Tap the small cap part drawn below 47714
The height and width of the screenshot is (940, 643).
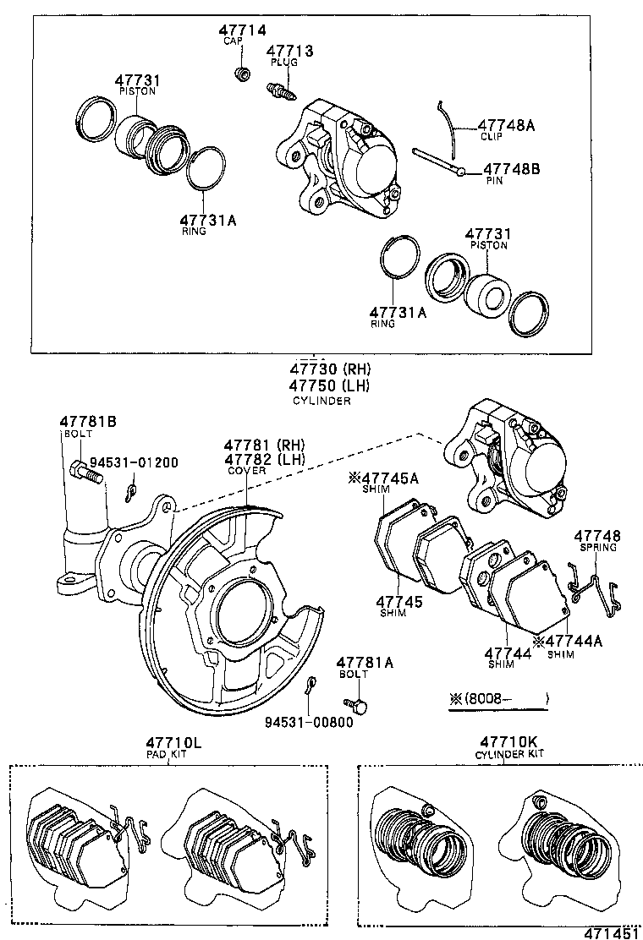[242, 74]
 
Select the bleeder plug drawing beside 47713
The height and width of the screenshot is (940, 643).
[281, 88]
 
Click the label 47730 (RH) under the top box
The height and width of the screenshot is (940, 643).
[330, 369]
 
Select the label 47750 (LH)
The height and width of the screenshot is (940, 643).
[330, 385]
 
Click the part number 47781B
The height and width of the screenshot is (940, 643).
[88, 421]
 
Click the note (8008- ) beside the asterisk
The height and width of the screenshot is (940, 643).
[499, 699]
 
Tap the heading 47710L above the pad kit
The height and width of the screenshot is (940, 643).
[173, 742]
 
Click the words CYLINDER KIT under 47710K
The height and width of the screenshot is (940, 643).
[509, 754]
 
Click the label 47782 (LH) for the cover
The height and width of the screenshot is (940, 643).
[264, 459]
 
